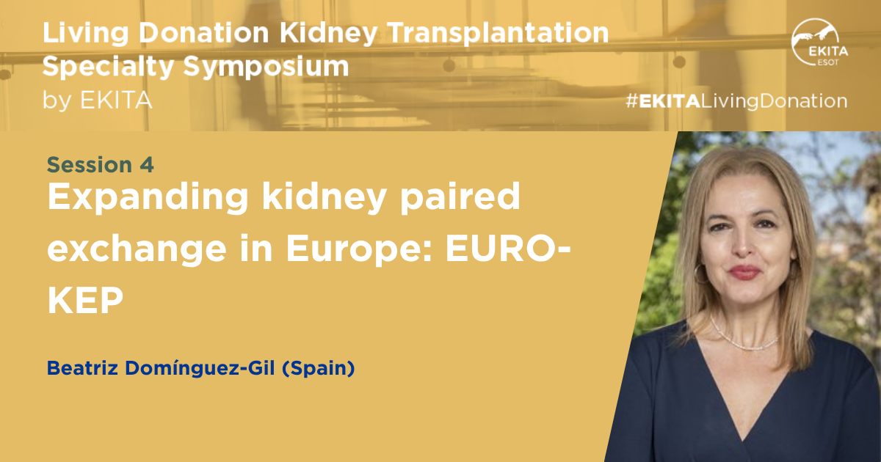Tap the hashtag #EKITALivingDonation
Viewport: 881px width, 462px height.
click(736, 101)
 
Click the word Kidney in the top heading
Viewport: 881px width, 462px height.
click(328, 34)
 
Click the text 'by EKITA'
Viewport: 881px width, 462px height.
click(97, 100)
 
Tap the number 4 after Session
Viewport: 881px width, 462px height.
click(146, 165)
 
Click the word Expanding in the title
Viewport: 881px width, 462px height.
click(148, 199)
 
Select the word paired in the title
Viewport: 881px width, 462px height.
click(460, 199)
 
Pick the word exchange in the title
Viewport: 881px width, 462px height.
click(137, 250)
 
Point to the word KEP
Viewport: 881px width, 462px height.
click(85, 301)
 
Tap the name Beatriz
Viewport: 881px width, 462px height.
click(82, 368)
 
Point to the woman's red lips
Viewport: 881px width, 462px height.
click(743, 272)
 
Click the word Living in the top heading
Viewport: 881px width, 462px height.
click(85, 34)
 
